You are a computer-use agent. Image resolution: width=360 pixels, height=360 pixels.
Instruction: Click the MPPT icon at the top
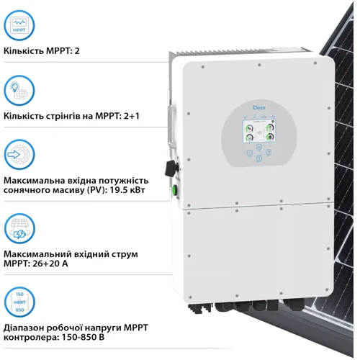(19, 27)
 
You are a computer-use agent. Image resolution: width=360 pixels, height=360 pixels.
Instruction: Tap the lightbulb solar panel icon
(19, 91)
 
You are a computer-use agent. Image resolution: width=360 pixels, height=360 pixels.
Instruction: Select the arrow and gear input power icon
(19, 155)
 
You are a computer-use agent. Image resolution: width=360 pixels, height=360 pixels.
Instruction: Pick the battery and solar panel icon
(19, 228)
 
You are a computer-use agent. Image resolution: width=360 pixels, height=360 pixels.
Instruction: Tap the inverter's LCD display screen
(259, 132)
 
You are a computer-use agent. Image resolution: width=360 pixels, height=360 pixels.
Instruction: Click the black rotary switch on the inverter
(171, 168)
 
